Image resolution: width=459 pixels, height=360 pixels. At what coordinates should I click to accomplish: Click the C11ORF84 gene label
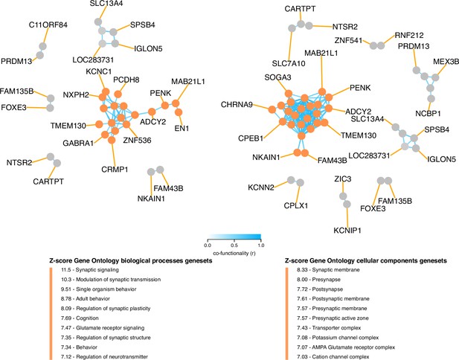tap(48, 25)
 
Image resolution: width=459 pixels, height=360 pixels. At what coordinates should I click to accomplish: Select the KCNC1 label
tap(99, 71)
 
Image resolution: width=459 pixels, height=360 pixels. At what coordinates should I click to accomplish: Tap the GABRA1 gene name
tap(78, 143)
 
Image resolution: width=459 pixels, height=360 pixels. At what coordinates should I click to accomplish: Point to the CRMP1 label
tap(115, 170)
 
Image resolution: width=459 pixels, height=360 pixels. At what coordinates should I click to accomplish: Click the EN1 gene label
tap(182, 128)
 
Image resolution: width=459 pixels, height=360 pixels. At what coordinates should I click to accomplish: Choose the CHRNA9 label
tap(237, 104)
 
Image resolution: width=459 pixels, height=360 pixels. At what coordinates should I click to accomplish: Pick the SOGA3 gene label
tap(277, 77)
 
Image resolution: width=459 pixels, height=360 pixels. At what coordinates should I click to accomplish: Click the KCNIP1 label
tap(347, 231)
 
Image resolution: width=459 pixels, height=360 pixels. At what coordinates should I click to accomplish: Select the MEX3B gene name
tap(446, 62)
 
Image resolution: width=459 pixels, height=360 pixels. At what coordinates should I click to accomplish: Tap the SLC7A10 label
tap(289, 63)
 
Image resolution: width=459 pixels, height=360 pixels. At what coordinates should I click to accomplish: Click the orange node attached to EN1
tap(179, 112)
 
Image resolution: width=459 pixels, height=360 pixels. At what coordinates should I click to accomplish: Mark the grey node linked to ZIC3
tap(343, 196)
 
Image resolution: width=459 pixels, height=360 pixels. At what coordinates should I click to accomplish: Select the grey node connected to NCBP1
tap(431, 99)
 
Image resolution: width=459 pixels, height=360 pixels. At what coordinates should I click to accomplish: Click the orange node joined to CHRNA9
tap(272, 109)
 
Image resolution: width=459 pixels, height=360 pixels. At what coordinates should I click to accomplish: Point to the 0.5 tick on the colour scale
tap(234, 245)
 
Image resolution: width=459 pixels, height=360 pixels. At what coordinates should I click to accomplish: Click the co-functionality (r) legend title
tap(234, 253)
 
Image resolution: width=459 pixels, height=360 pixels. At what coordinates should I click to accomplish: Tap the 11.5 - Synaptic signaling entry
tap(90, 270)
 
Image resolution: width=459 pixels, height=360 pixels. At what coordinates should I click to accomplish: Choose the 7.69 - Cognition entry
tap(80, 318)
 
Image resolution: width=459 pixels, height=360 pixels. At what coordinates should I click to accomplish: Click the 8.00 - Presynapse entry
tap(319, 280)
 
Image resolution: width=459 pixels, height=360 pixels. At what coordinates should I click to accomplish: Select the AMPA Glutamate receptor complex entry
tap(346, 347)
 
